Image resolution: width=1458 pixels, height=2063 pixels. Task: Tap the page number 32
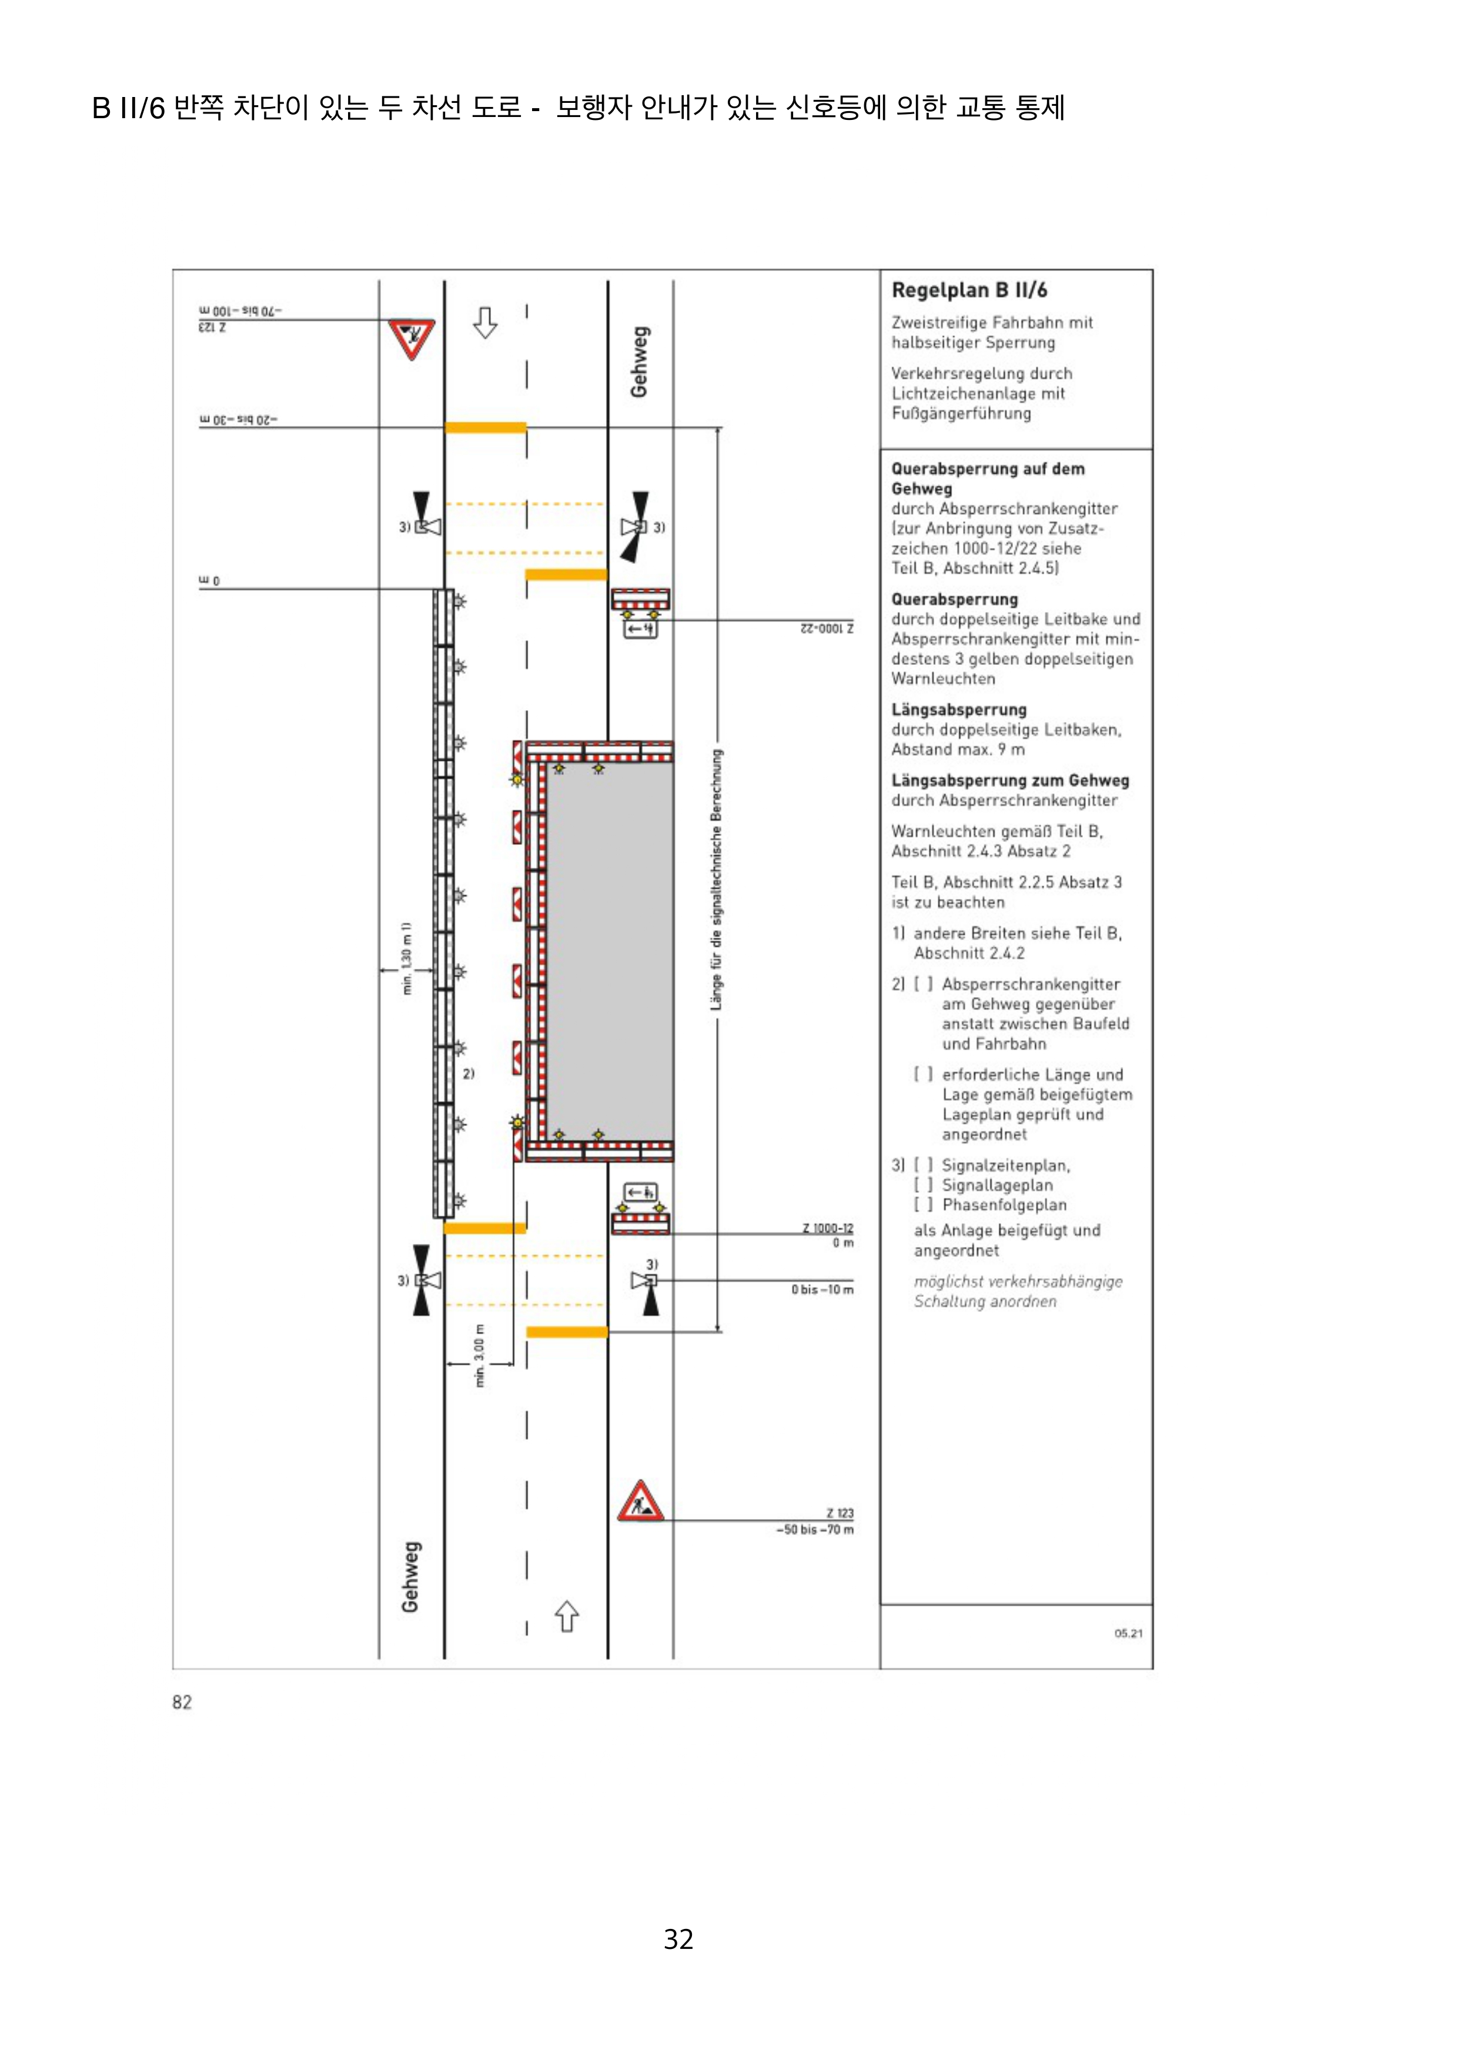[x=678, y=1939]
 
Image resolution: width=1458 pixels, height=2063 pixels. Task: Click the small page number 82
[x=182, y=1702]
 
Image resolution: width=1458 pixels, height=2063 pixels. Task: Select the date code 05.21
[x=1128, y=1633]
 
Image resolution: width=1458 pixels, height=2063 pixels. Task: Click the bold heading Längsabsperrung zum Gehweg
[x=1010, y=781]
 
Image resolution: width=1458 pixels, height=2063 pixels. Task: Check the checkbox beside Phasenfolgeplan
[x=922, y=1205]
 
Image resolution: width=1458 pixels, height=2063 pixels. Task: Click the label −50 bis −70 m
[x=815, y=1529]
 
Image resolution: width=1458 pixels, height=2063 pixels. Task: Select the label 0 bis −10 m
[x=822, y=1289]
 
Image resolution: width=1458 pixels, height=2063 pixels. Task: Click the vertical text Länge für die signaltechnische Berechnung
[x=716, y=881]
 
